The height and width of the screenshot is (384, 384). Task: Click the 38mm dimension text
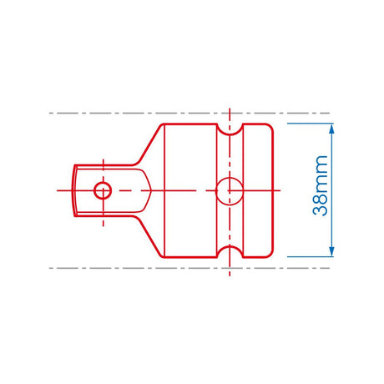321,191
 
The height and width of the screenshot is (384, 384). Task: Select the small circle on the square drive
102,190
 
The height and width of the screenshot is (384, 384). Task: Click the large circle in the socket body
229,191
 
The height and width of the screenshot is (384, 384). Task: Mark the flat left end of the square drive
73,190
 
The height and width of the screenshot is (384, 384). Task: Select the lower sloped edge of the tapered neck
148,236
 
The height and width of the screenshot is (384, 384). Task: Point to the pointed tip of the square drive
151,190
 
